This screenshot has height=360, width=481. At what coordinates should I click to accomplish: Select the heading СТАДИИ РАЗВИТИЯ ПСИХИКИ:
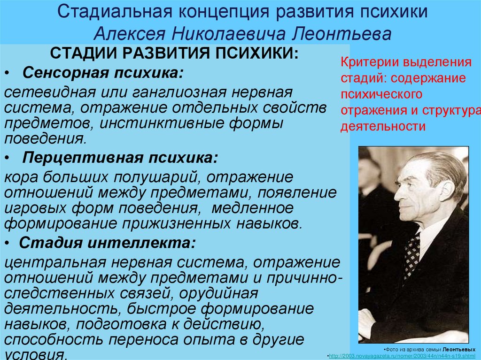[x=174, y=53]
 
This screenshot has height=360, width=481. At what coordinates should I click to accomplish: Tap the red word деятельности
[x=383, y=126]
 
